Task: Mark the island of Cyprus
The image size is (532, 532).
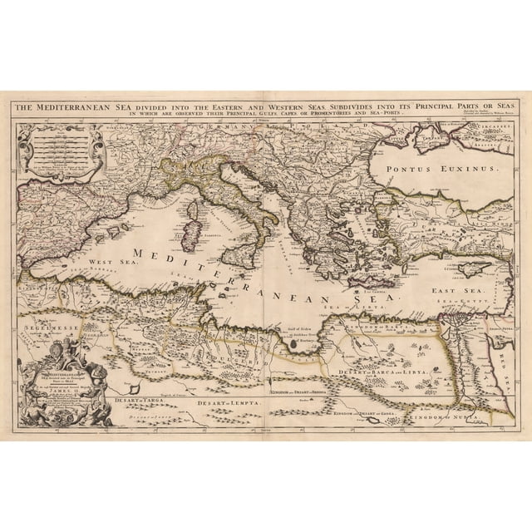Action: point(468,268)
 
